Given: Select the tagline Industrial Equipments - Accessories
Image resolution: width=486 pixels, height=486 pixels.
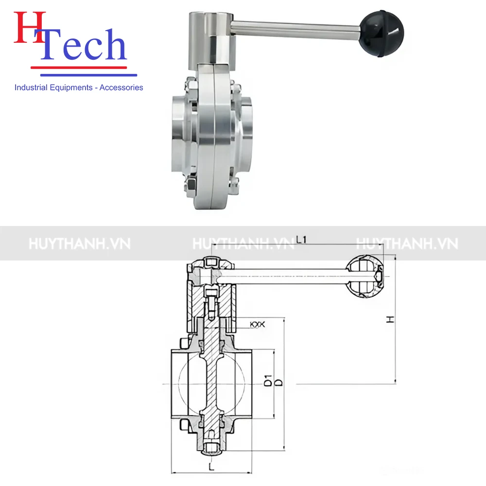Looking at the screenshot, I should [79, 87].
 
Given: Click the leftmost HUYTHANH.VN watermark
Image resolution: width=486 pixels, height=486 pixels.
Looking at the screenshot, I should [79, 243].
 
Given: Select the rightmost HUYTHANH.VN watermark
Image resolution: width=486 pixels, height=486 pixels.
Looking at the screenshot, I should [407, 243].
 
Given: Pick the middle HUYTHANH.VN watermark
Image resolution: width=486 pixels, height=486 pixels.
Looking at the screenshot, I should [243, 243].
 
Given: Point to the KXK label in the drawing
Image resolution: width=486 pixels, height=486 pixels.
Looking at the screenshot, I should [257, 324].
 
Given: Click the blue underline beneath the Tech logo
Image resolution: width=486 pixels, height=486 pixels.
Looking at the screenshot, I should [88, 75].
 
